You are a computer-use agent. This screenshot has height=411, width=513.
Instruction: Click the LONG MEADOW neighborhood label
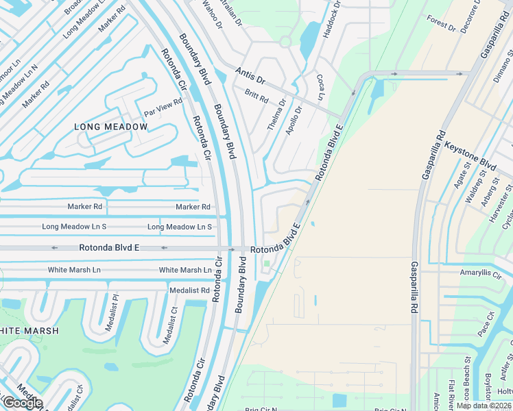111,127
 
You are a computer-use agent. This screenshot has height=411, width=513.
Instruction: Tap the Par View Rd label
163,102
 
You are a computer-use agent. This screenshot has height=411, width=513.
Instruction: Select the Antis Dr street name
250,72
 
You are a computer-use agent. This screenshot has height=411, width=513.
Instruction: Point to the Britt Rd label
256,97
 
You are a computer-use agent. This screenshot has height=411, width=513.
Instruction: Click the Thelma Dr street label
276,115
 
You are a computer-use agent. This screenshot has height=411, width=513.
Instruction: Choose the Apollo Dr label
294,120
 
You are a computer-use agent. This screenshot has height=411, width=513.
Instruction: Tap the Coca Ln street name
320,85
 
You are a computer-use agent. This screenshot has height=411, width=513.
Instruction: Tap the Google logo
22,403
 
